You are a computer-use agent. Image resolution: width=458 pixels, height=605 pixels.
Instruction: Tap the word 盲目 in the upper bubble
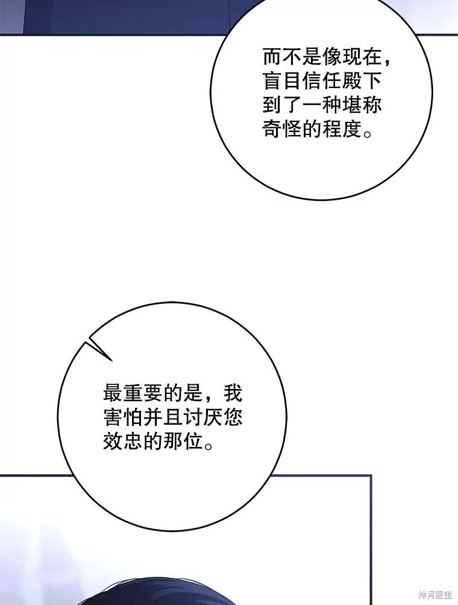point(283,81)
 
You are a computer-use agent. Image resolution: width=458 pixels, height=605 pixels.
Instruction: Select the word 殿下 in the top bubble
point(363,81)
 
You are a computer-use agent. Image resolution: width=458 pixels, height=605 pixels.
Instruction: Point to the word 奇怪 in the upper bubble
point(283,129)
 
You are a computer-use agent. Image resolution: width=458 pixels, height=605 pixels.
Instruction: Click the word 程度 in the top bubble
point(343,129)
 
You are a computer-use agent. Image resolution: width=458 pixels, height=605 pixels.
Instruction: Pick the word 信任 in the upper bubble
point(322,81)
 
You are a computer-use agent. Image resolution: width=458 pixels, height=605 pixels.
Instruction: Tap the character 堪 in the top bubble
point(353,106)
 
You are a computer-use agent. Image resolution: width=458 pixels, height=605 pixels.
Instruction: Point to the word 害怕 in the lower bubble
point(123,417)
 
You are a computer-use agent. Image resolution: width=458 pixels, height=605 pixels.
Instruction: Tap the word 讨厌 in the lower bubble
point(202,417)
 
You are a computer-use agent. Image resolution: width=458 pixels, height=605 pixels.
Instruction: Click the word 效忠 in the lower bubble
point(123,441)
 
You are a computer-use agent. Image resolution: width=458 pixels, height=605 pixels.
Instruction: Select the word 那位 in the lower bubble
point(183,441)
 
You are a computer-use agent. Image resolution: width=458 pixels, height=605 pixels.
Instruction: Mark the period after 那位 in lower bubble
point(209,446)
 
